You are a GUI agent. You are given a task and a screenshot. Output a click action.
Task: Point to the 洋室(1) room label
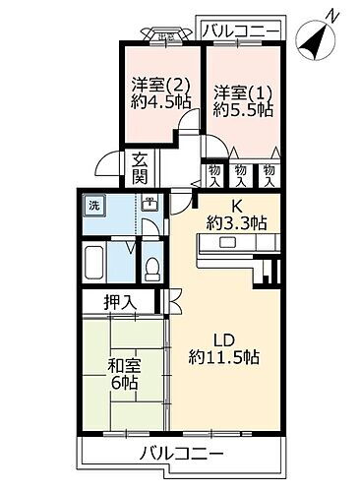(x=236, y=92)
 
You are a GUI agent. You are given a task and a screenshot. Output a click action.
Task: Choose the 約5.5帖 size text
(x=236, y=110)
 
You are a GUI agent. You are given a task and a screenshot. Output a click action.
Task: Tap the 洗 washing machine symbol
(x=95, y=206)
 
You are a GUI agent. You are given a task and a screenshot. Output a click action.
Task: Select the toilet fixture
(x=151, y=267)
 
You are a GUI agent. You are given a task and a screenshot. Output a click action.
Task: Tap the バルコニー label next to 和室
(x=181, y=454)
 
